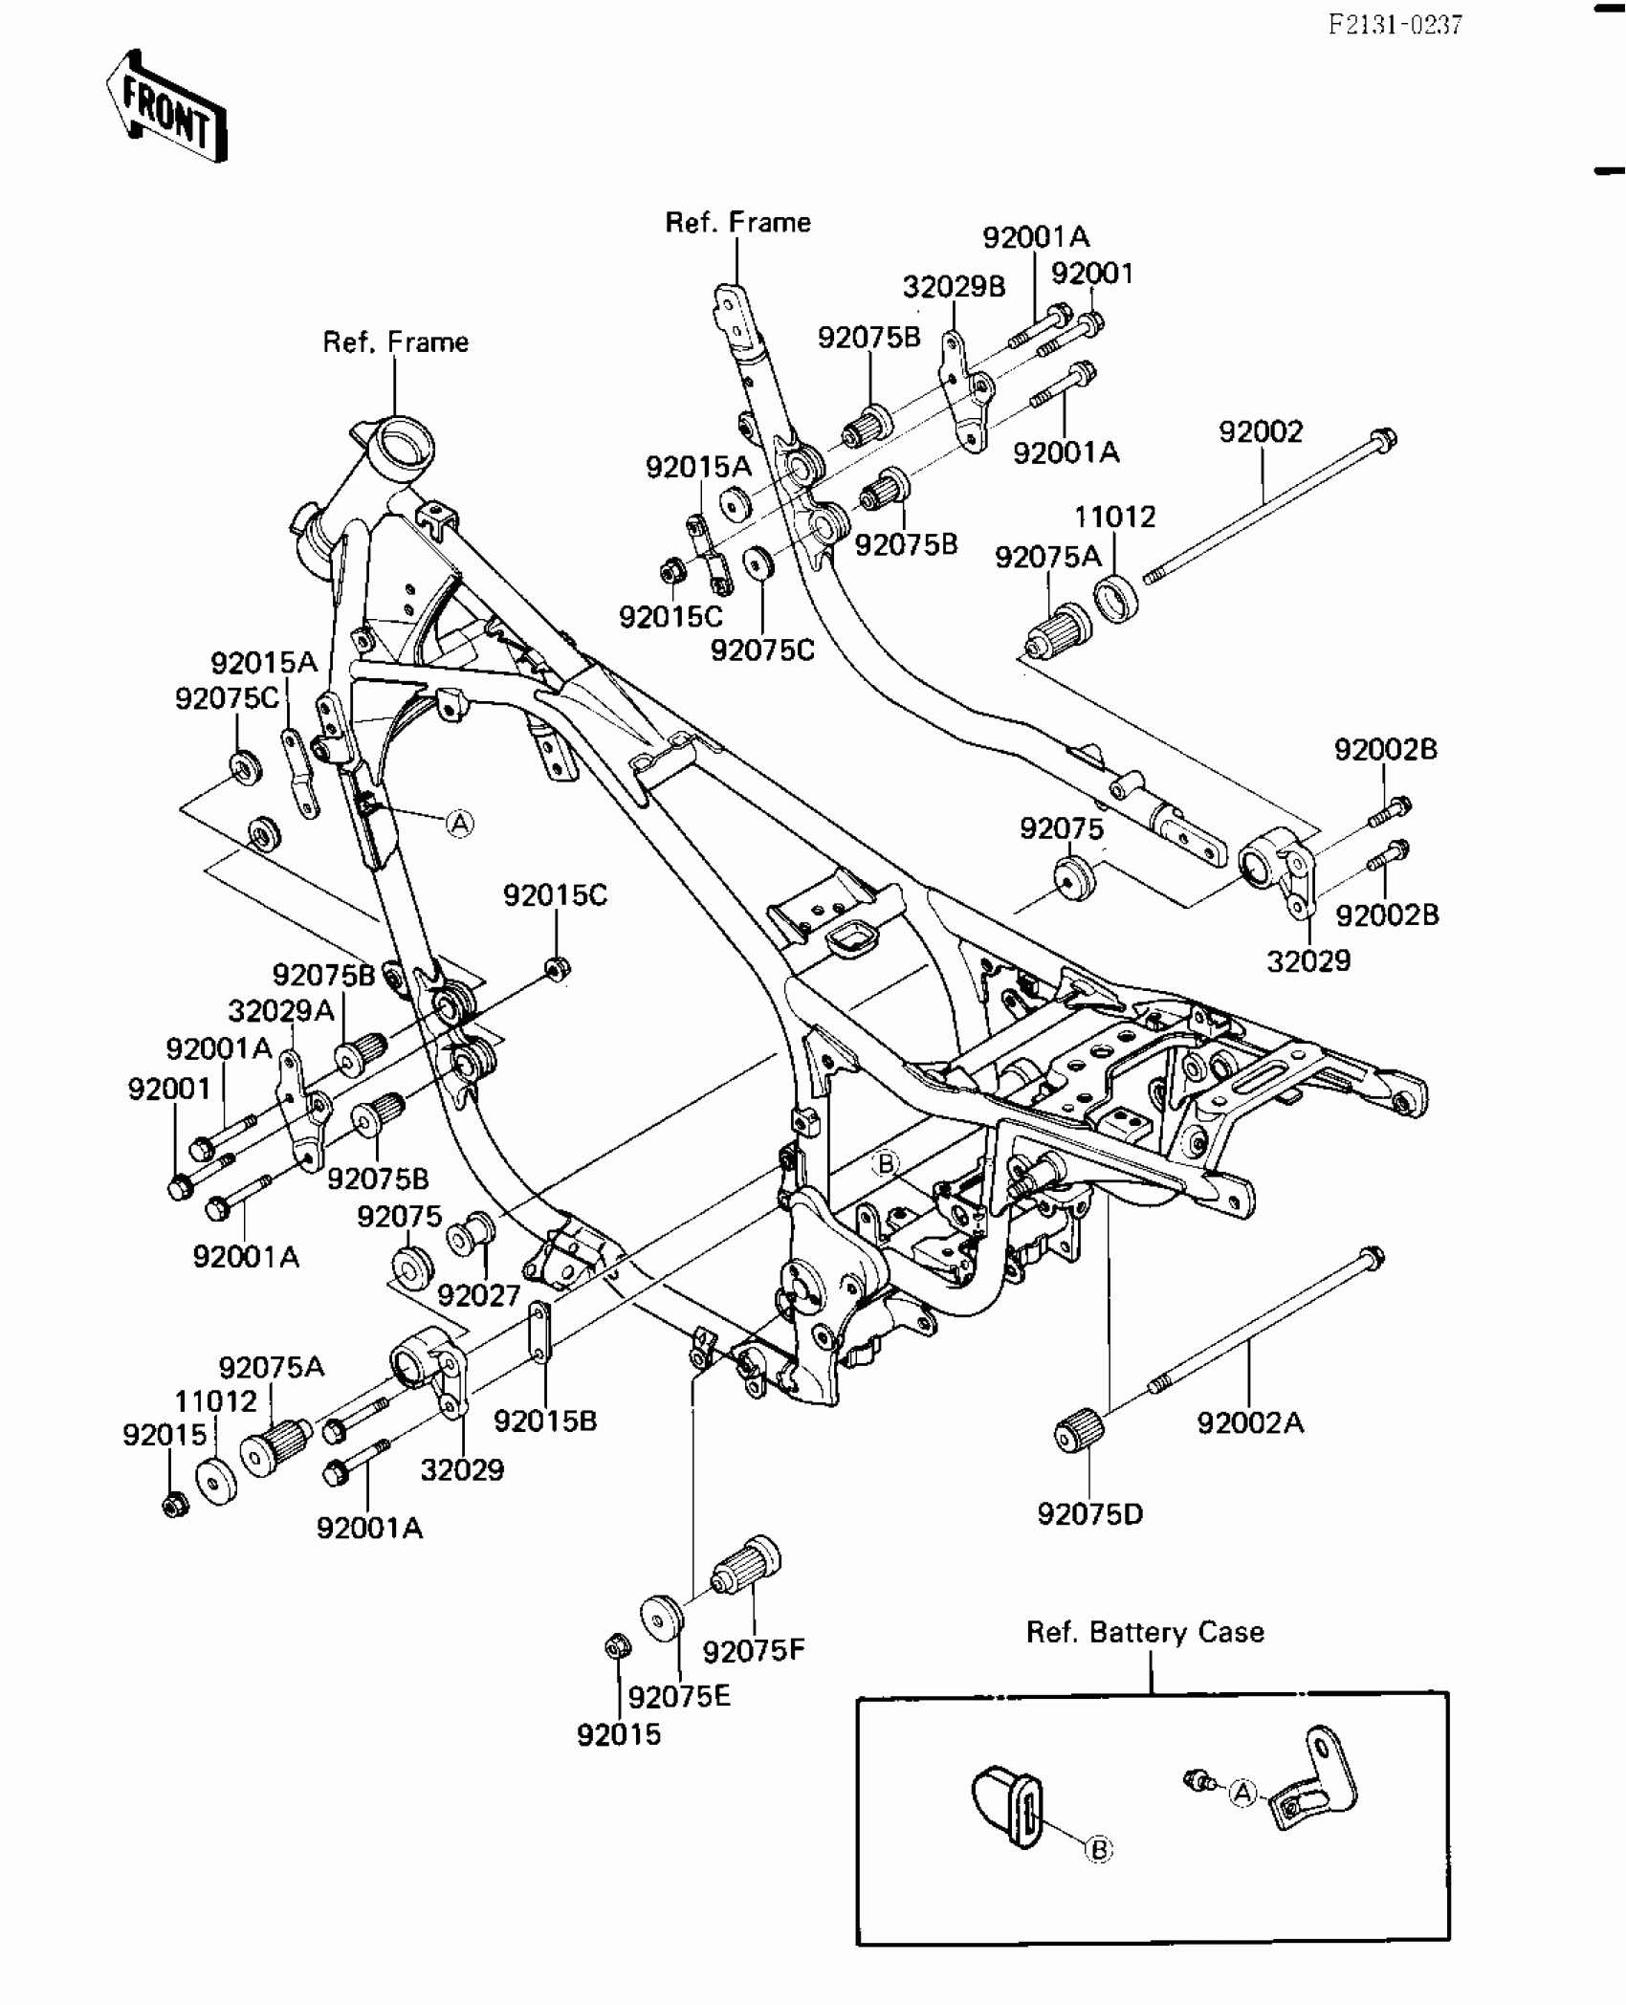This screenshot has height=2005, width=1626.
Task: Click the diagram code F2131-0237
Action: coord(1395,25)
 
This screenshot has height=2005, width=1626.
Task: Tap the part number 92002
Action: coord(1261,432)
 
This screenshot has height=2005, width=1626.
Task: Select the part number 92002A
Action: coord(1250,1422)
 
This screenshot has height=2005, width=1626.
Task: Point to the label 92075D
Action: coord(1089,1514)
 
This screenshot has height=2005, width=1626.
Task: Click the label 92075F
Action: coord(754,1650)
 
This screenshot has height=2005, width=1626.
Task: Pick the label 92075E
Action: coord(679,1696)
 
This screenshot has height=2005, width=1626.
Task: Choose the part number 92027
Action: coord(479,1295)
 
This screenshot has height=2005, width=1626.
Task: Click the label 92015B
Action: coord(545,1421)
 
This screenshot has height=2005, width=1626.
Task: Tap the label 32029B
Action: coord(954,287)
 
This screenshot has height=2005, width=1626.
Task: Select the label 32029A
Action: coord(280,1010)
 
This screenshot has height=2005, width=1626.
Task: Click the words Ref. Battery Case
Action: coord(1145,1632)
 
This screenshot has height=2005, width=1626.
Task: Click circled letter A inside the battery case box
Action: coord(1241,1793)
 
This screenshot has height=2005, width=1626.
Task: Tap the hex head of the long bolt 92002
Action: coord(1383,441)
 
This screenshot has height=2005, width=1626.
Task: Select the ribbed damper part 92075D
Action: coord(1078,1432)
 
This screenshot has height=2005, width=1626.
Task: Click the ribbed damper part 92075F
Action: coord(745,1568)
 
